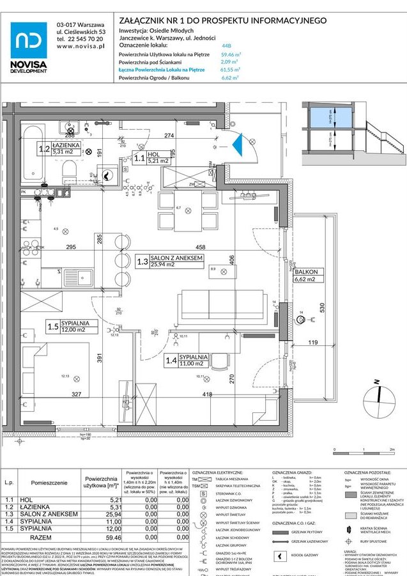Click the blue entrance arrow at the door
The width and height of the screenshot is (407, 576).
pos(238,144)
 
